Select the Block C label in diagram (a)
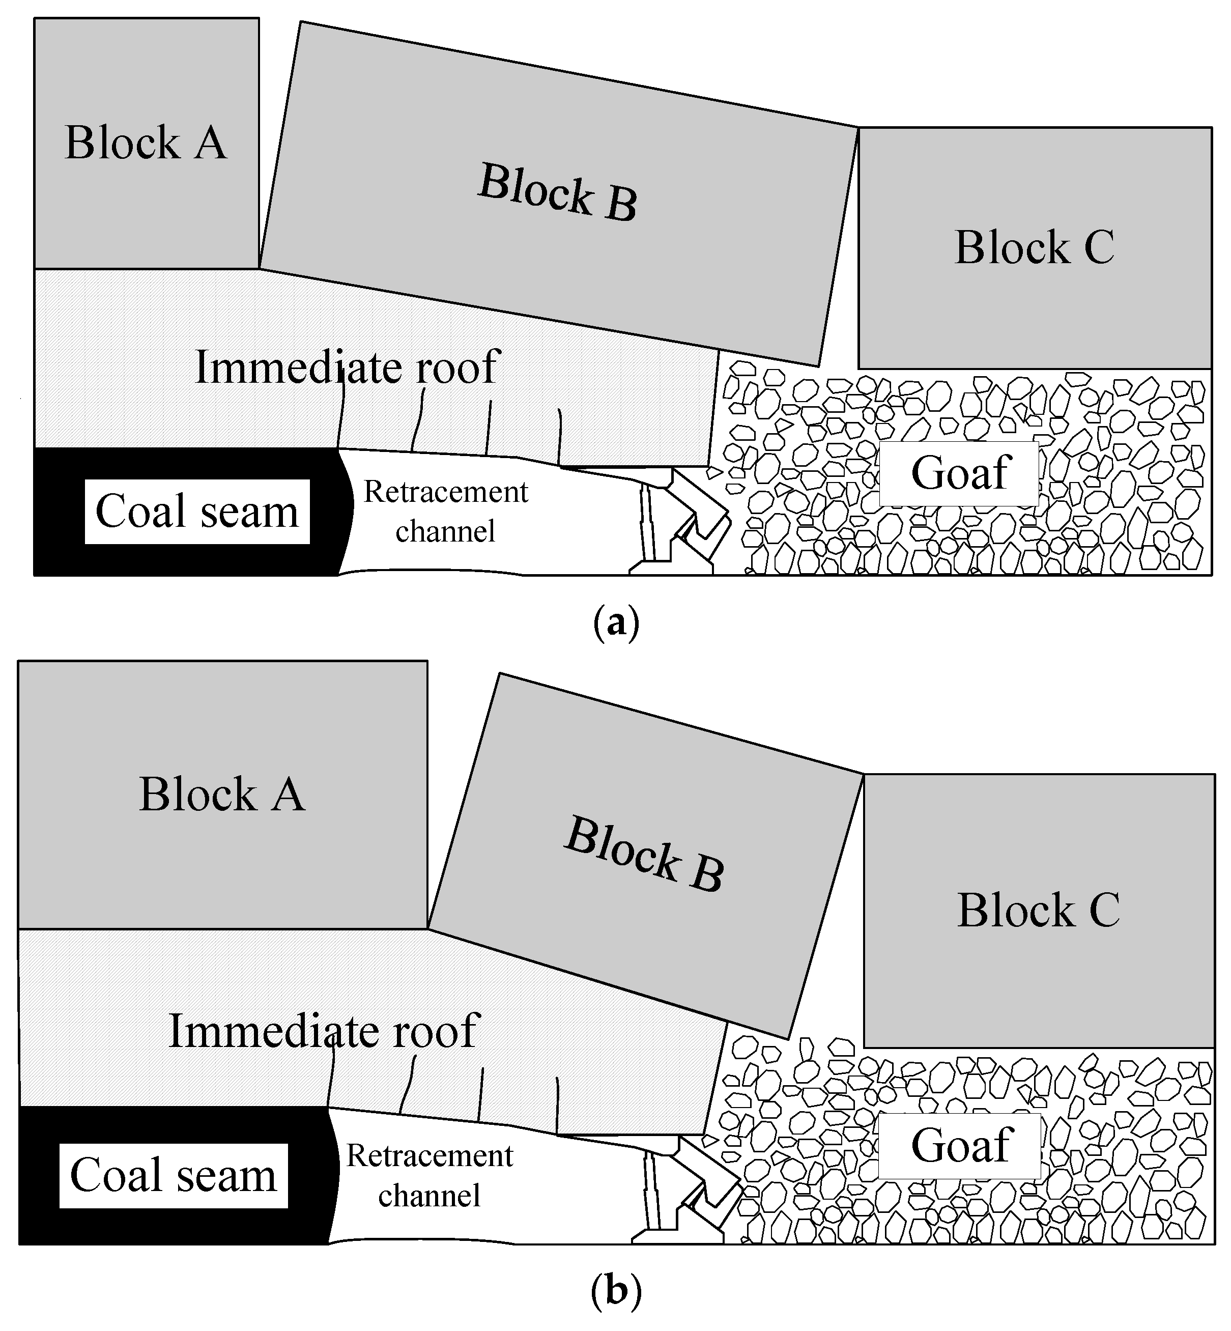tap(1034, 247)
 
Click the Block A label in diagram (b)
tap(222, 794)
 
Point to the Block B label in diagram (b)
tap(644, 854)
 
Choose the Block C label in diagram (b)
tap(1038, 910)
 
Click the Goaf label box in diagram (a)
tap(959, 473)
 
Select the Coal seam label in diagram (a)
tap(197, 512)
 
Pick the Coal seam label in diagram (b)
tap(173, 1176)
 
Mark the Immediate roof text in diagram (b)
tap(324, 1031)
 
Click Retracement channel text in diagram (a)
tap(445, 512)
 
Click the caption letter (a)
tap(616, 623)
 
